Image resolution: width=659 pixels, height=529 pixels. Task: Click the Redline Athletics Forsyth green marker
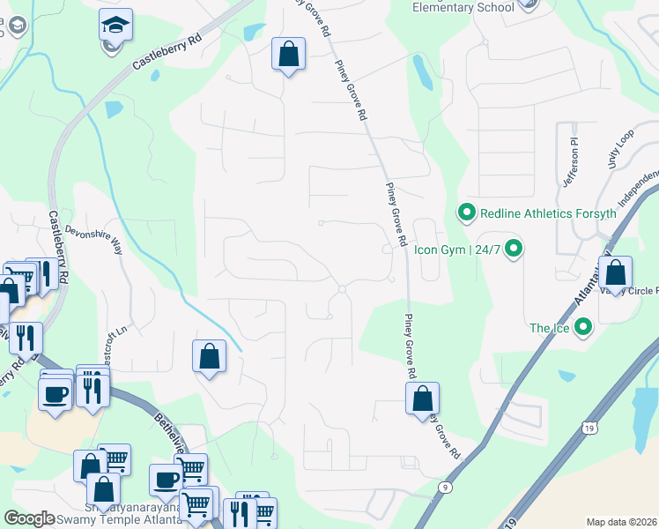point(465,212)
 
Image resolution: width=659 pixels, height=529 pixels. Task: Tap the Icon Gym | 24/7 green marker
point(515,249)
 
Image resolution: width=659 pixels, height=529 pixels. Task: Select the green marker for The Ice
point(582,329)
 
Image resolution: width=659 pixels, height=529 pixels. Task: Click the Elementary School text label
point(463,8)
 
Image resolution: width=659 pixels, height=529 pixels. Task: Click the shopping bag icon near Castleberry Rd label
point(288,55)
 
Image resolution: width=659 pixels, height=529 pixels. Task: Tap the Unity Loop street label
point(620,146)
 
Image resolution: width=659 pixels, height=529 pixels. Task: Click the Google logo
point(30,518)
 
